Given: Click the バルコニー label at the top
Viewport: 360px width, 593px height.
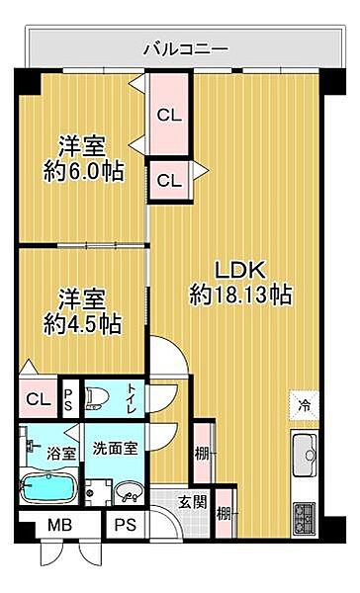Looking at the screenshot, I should click(186, 47).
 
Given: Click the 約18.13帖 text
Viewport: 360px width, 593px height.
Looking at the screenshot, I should click(241, 294).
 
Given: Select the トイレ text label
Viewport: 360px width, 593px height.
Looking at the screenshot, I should click(132, 399).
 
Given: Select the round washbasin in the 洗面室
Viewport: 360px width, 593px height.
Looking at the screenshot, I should click(128, 492).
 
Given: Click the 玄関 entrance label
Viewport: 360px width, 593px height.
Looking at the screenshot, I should click(193, 502).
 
